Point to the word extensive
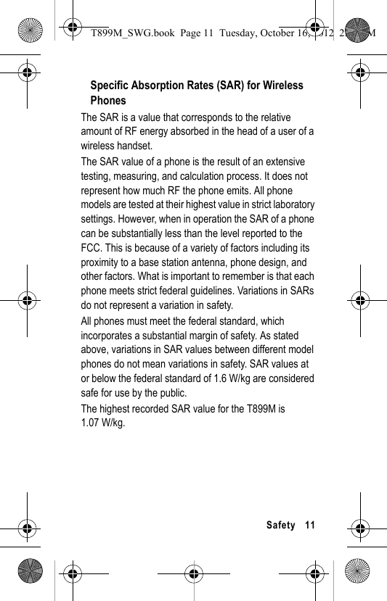pyautogui.click(x=283, y=162)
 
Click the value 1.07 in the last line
pyautogui.click(x=90, y=423)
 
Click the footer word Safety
pyautogui.click(x=281, y=525)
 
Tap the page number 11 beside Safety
pyautogui.click(x=310, y=525)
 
